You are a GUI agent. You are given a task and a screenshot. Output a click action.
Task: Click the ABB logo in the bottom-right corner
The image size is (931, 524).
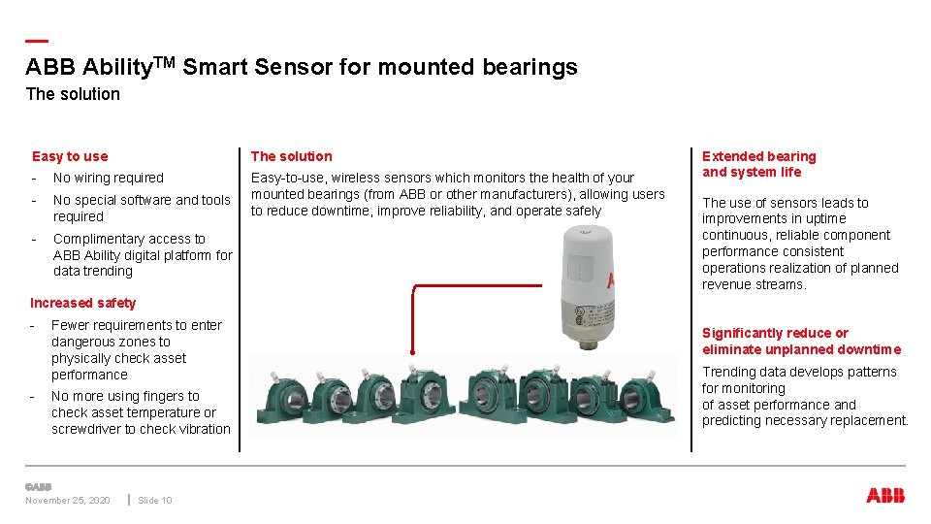[x=884, y=496]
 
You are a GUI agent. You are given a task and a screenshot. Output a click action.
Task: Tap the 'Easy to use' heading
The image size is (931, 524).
[x=70, y=156]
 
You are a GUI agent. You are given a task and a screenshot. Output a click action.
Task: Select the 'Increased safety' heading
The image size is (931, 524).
[x=83, y=303]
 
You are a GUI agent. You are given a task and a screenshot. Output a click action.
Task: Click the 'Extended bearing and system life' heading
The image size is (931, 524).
[x=758, y=164]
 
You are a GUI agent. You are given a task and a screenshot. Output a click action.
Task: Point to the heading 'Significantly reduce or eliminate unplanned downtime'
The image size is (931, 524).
[x=801, y=342]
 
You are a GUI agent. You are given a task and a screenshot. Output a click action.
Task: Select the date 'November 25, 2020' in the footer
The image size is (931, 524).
[x=68, y=501]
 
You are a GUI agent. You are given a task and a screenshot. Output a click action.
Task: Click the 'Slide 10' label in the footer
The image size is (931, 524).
[x=155, y=501]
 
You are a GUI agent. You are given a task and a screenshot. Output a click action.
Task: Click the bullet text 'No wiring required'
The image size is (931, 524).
[x=109, y=178]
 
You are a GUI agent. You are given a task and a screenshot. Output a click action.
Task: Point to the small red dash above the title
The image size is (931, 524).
[x=37, y=41]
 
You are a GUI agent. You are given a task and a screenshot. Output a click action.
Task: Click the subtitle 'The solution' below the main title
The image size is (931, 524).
[x=73, y=94]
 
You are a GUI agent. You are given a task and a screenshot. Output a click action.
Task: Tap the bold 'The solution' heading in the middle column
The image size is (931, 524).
[x=291, y=156]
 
